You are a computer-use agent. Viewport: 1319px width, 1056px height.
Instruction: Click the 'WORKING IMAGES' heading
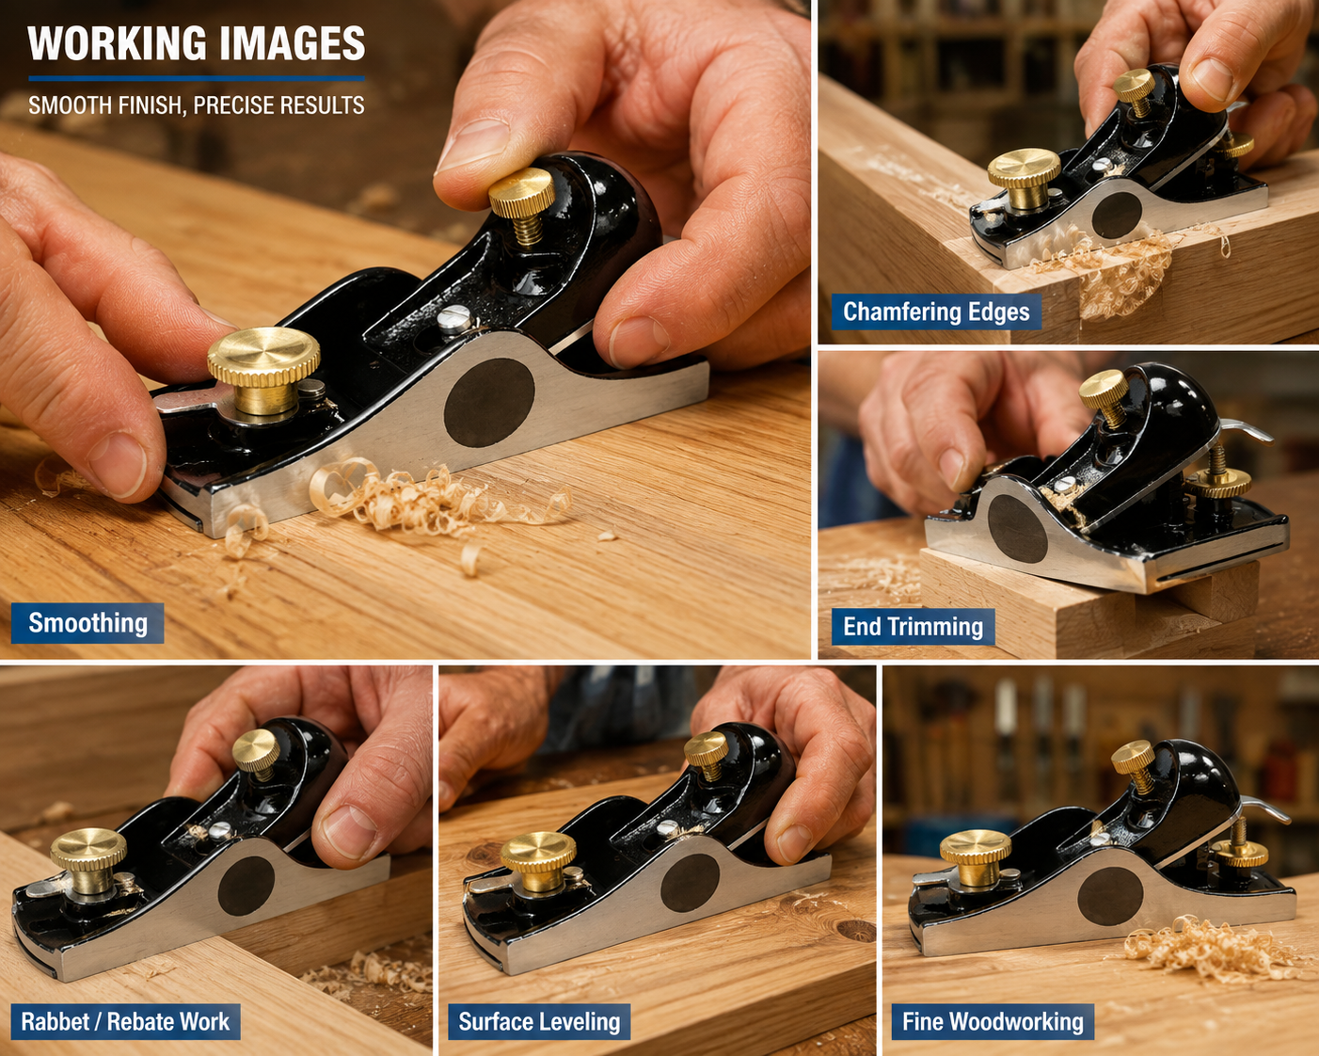[196, 43]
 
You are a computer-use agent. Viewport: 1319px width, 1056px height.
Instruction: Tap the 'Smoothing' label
[87, 623]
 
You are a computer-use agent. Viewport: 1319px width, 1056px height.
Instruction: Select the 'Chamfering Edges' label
[936, 312]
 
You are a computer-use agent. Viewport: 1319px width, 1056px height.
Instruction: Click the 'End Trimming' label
[913, 627]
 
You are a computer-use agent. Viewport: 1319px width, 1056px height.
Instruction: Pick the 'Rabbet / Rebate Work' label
[125, 1022]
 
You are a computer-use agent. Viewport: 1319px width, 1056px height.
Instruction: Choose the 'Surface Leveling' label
[539, 1022]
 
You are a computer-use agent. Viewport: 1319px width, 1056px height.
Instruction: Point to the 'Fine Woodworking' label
[993, 1022]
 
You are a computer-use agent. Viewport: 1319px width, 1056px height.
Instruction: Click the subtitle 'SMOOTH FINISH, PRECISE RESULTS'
[196, 105]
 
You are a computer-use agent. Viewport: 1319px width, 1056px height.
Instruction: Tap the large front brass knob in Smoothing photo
[263, 370]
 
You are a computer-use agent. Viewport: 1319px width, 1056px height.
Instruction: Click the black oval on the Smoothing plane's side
[489, 402]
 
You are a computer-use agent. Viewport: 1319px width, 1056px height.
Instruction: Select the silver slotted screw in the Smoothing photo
[454, 318]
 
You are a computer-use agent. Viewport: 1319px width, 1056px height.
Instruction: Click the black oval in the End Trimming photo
[1017, 529]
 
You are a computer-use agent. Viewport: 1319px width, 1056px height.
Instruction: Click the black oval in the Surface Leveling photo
[690, 883]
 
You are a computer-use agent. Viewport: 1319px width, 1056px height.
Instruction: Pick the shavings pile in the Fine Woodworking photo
[1211, 949]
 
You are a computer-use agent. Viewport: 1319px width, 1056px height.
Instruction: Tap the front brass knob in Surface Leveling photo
[538, 861]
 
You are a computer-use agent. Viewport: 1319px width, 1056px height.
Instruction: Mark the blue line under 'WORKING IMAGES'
[196, 78]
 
